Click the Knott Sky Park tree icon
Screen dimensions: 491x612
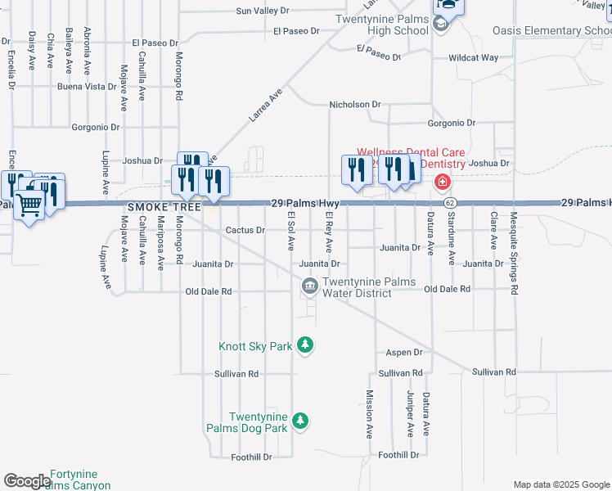(305, 345)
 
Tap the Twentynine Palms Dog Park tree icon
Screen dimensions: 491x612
(301, 421)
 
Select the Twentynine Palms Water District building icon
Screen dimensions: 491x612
(310, 286)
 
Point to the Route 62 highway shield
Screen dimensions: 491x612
(450, 202)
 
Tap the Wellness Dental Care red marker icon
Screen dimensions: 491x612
(442, 181)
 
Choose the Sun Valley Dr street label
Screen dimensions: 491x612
(263, 11)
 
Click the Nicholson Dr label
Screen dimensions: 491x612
(355, 105)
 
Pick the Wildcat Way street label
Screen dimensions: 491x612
(474, 58)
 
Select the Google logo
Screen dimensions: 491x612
(26, 481)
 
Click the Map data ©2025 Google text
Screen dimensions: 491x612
(560, 484)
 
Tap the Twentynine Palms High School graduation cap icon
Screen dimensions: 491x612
(441, 23)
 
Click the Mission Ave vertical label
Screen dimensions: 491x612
(369, 418)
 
